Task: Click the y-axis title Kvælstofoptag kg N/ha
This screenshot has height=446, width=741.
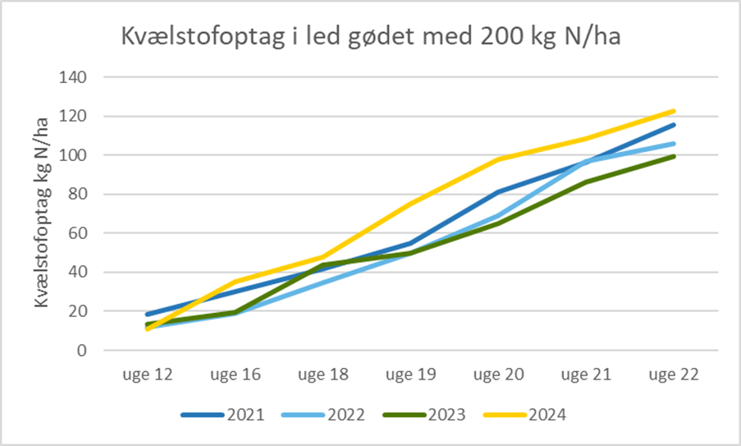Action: point(42,212)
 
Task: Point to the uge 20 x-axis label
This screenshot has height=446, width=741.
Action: point(498,375)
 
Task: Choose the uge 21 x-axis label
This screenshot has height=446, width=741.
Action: point(586,375)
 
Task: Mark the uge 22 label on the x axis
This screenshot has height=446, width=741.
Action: point(675,375)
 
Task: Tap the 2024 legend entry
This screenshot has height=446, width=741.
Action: point(526,415)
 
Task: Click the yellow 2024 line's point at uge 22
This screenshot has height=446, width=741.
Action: point(675,111)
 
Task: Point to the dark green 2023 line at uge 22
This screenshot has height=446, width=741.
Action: point(675,156)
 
